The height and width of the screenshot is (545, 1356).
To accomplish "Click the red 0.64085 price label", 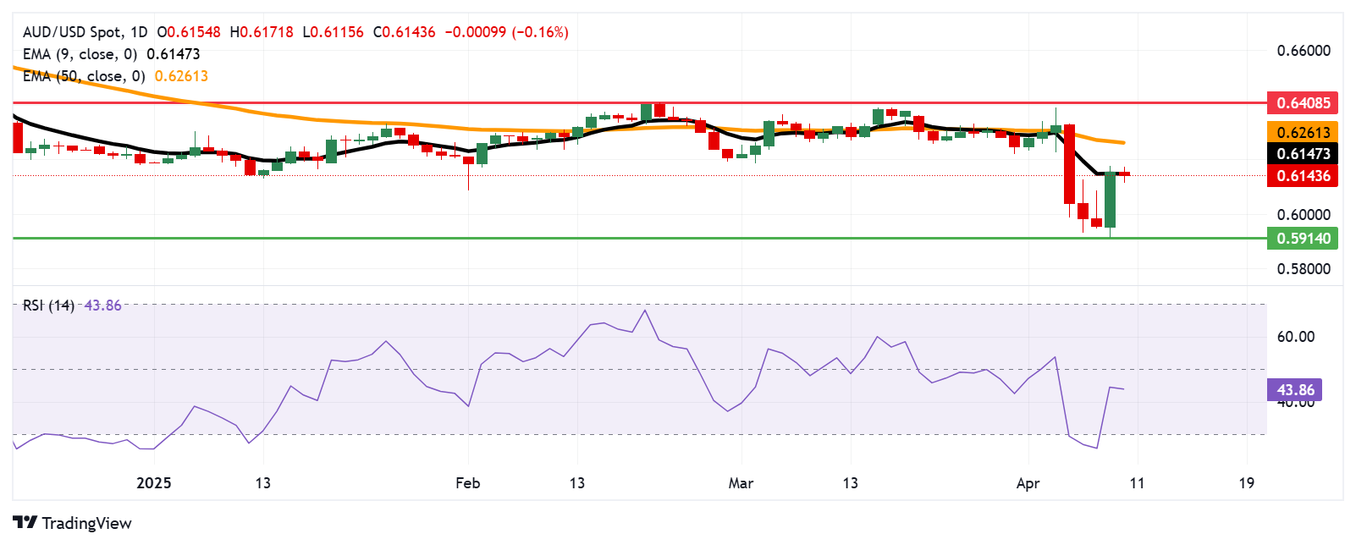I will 1303,103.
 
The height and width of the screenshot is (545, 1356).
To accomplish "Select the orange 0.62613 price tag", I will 1303,132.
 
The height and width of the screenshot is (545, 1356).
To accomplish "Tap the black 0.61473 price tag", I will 1303,154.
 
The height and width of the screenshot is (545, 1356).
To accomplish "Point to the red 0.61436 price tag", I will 1303,176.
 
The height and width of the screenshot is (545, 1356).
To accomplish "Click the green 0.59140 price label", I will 1303,239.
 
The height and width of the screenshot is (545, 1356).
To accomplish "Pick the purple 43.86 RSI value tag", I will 1295,390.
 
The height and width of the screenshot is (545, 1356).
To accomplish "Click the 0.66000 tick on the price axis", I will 1304,51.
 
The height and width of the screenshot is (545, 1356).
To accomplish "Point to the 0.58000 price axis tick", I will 1304,269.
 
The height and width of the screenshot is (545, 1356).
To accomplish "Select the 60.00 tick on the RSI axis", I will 1295,337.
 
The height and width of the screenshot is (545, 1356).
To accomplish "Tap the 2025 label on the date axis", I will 154,483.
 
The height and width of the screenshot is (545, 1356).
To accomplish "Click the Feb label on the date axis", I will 467,483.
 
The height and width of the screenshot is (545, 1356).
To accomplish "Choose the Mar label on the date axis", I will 741,483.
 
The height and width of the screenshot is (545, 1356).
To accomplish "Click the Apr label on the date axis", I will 1028,483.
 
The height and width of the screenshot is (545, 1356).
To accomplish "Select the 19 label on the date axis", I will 1246,483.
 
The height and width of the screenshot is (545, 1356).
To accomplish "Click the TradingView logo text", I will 86,523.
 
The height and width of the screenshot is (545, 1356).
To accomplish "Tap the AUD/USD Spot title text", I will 72,32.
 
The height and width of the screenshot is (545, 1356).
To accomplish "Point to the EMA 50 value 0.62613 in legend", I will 181,76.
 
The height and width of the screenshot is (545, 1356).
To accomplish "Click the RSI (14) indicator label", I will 48,306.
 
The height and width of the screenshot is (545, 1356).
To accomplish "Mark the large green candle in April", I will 1110,200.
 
